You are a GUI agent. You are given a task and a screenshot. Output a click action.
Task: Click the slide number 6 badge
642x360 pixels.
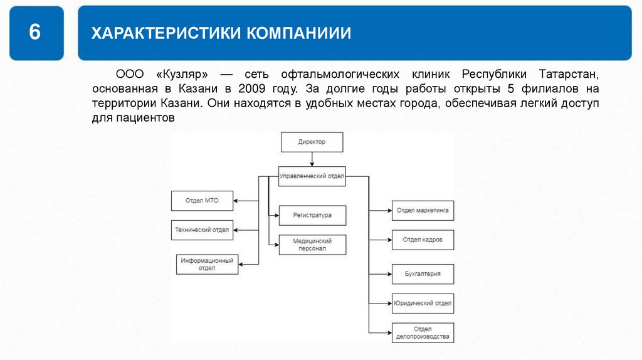click(36, 33)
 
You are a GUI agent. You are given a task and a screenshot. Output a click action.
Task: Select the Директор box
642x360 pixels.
click(312, 142)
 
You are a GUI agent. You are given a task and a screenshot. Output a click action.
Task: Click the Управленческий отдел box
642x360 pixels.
click(312, 176)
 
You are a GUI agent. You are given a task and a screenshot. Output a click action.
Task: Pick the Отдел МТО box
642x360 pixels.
click(203, 201)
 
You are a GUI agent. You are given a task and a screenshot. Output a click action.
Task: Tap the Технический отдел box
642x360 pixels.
click(202, 230)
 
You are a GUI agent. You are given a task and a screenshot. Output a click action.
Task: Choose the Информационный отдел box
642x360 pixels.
click(207, 265)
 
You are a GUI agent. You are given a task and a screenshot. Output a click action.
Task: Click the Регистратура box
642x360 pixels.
click(312, 215)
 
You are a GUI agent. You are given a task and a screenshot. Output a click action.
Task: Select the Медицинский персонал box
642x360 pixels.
click(312, 245)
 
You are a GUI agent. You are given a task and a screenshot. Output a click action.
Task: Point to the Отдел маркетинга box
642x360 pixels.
click(423, 211)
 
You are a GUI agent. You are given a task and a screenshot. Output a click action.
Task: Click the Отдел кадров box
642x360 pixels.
click(423, 240)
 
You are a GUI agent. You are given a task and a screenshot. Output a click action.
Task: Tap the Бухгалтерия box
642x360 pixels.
click(423, 274)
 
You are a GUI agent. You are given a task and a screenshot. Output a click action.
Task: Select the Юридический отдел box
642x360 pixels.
click(423, 303)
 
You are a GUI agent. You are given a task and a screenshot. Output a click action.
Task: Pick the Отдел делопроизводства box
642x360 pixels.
click(423, 332)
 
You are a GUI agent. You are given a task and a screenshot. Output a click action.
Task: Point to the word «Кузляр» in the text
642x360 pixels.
click(182, 74)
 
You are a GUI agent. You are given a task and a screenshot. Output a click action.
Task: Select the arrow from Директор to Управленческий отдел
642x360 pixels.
click(312, 159)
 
